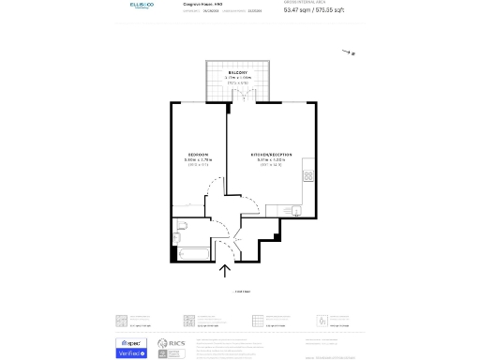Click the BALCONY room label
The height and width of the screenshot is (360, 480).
tap(237, 72)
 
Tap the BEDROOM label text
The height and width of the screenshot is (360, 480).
tap(197, 154)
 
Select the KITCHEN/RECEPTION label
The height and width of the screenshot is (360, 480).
tap(270, 154)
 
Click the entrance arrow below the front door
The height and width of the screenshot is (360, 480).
tap(225, 271)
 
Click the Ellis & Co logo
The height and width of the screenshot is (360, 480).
tap(143, 6)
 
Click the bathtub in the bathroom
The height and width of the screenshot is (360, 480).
tap(189, 254)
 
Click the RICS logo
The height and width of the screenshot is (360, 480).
tap(172, 347)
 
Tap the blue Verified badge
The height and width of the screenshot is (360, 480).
tap(130, 353)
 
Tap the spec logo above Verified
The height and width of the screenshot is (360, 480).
tap(130, 342)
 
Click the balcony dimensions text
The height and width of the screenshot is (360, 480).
tap(237, 79)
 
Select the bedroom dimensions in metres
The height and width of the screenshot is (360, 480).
tap(197, 159)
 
